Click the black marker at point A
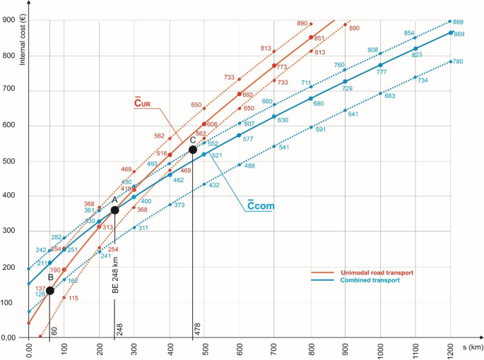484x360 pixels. click(114, 210)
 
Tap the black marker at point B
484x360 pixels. click(49, 290)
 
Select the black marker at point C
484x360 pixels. click(192, 150)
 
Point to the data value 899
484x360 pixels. click(459, 22)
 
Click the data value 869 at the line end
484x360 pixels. click(459, 35)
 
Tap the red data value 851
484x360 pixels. click(319, 39)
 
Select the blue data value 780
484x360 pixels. click(457, 62)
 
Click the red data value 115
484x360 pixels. click(73, 299)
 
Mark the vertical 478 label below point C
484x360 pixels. click(196, 330)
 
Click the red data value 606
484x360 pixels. click(212, 124)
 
